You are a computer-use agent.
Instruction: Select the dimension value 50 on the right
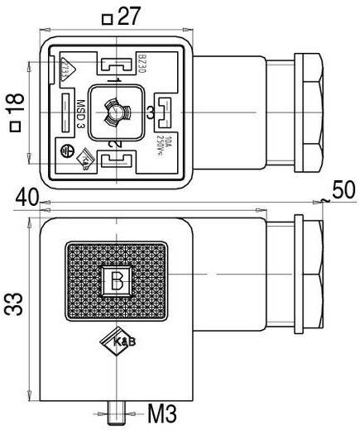(x=343, y=189)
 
